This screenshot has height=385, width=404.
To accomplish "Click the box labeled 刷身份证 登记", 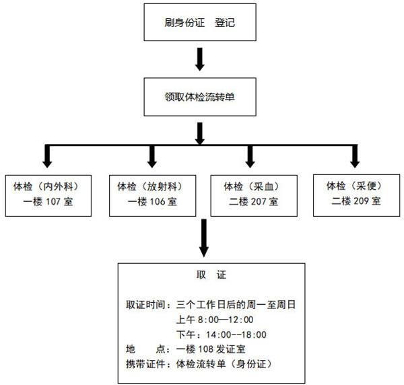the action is coord(200,22).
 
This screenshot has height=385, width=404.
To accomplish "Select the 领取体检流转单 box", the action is coord(200,97).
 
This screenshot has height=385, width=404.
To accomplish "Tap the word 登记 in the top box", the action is coord(225,22).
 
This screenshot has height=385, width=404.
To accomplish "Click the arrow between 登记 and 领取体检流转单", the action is coord(200,59).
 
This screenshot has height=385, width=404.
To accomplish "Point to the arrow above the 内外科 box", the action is coord(47,156).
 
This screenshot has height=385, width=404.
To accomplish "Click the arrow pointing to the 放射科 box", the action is coord(152,156).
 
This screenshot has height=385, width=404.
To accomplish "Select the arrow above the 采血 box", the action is coord(250,156).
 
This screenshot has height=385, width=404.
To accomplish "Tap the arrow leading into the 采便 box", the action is coord(355,156).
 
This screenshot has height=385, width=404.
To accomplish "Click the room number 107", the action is coord(53,202).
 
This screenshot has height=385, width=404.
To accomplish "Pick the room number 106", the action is coord(157,202).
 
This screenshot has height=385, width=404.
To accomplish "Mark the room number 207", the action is coord(259,202).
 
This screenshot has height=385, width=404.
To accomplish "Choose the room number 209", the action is coord(361,201).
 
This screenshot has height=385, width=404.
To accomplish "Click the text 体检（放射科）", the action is coord(150,186).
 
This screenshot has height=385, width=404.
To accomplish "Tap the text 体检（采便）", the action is coord(355,186).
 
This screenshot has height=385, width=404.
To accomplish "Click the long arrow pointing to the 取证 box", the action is coord(204,238).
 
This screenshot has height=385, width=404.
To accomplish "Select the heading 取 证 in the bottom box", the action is coord(211,275).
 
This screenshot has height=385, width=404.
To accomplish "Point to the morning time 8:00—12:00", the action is coord(226,320).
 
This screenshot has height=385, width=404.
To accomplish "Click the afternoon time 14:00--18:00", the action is coord(236,335).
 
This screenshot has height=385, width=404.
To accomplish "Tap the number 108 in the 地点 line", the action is coord(206,349).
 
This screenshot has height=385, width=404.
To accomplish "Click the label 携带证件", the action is coord(145,364).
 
